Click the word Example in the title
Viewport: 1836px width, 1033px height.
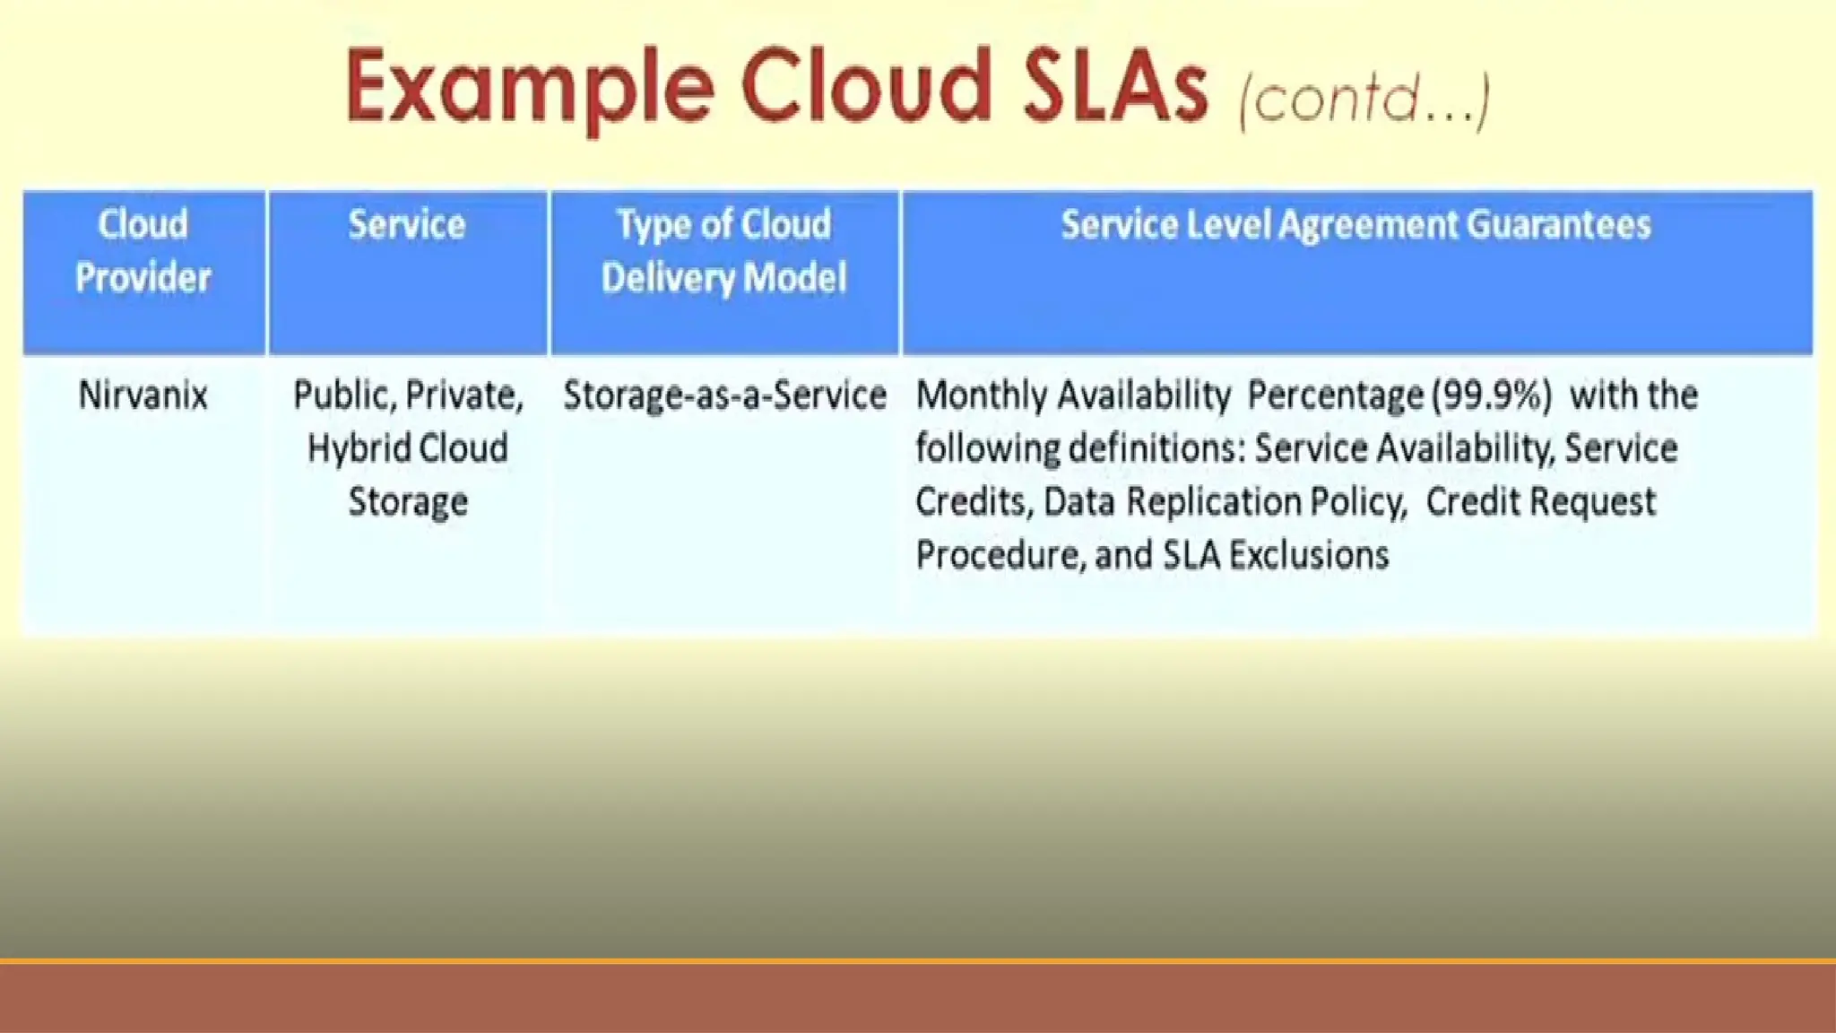point(529,87)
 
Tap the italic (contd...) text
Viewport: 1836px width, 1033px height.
point(1364,99)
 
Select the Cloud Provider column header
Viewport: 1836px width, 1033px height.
point(143,251)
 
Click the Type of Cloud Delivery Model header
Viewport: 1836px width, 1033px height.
point(723,251)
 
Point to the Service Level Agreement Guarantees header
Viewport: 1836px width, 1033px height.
point(1355,225)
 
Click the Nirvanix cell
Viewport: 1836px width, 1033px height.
point(143,395)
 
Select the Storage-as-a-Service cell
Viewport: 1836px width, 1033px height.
point(724,395)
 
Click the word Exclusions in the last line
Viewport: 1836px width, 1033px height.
point(1308,555)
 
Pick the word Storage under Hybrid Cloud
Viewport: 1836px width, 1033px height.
point(408,502)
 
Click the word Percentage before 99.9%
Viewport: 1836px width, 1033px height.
point(1335,395)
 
